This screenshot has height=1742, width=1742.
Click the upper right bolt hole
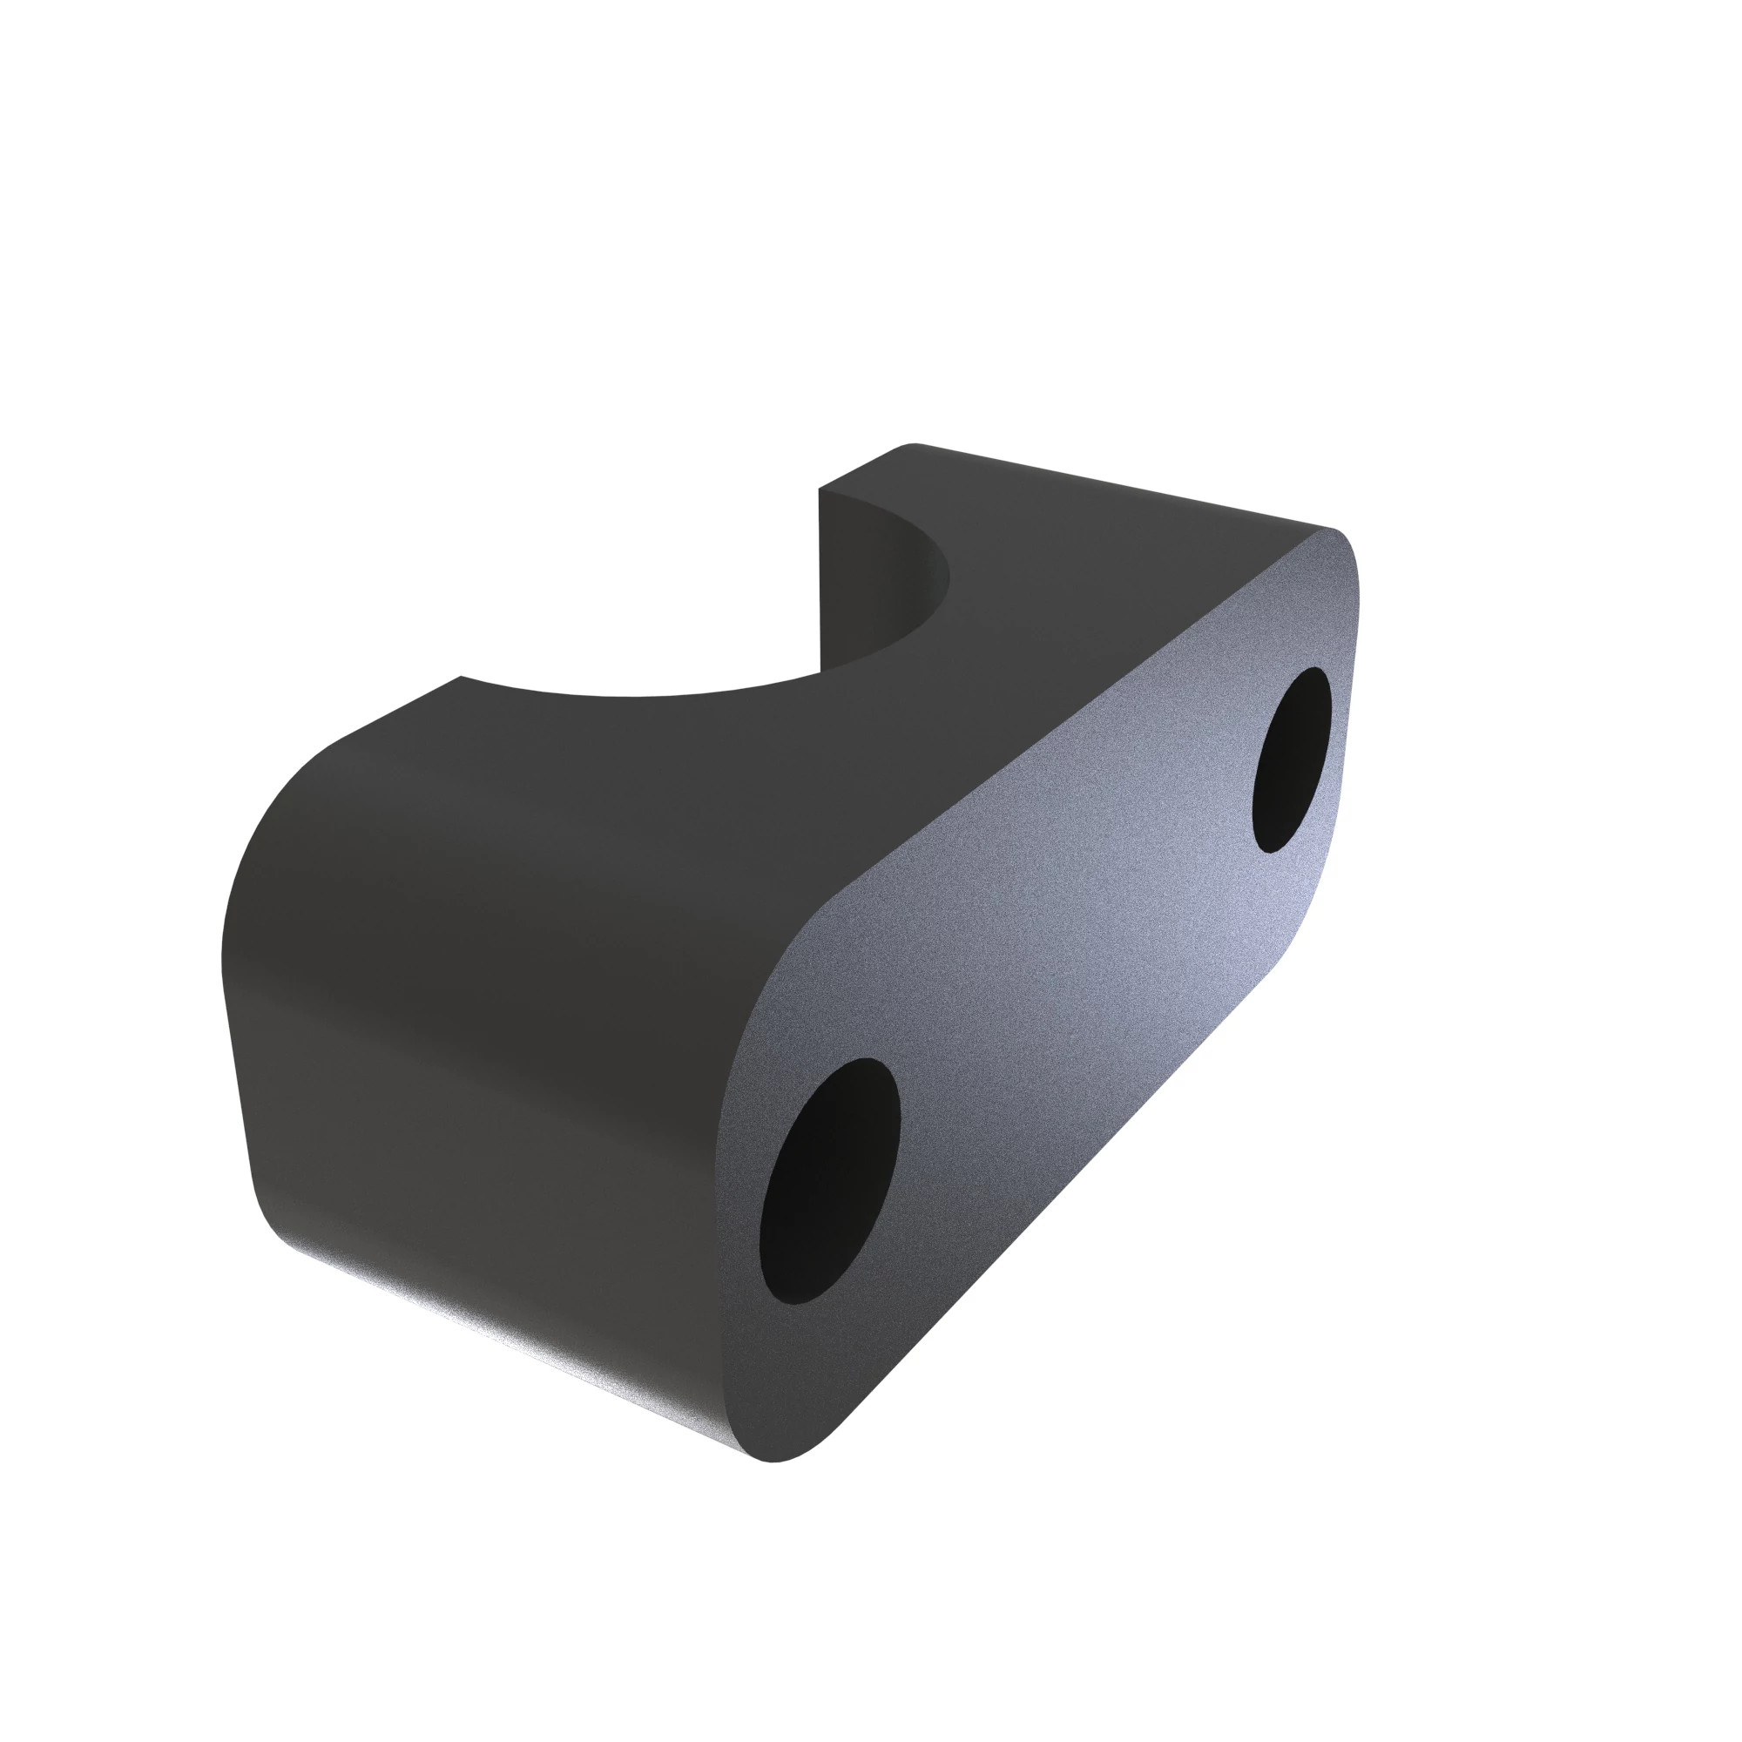coord(1291,760)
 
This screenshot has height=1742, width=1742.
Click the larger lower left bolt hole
coord(828,1181)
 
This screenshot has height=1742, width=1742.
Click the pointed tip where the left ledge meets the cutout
coord(462,677)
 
